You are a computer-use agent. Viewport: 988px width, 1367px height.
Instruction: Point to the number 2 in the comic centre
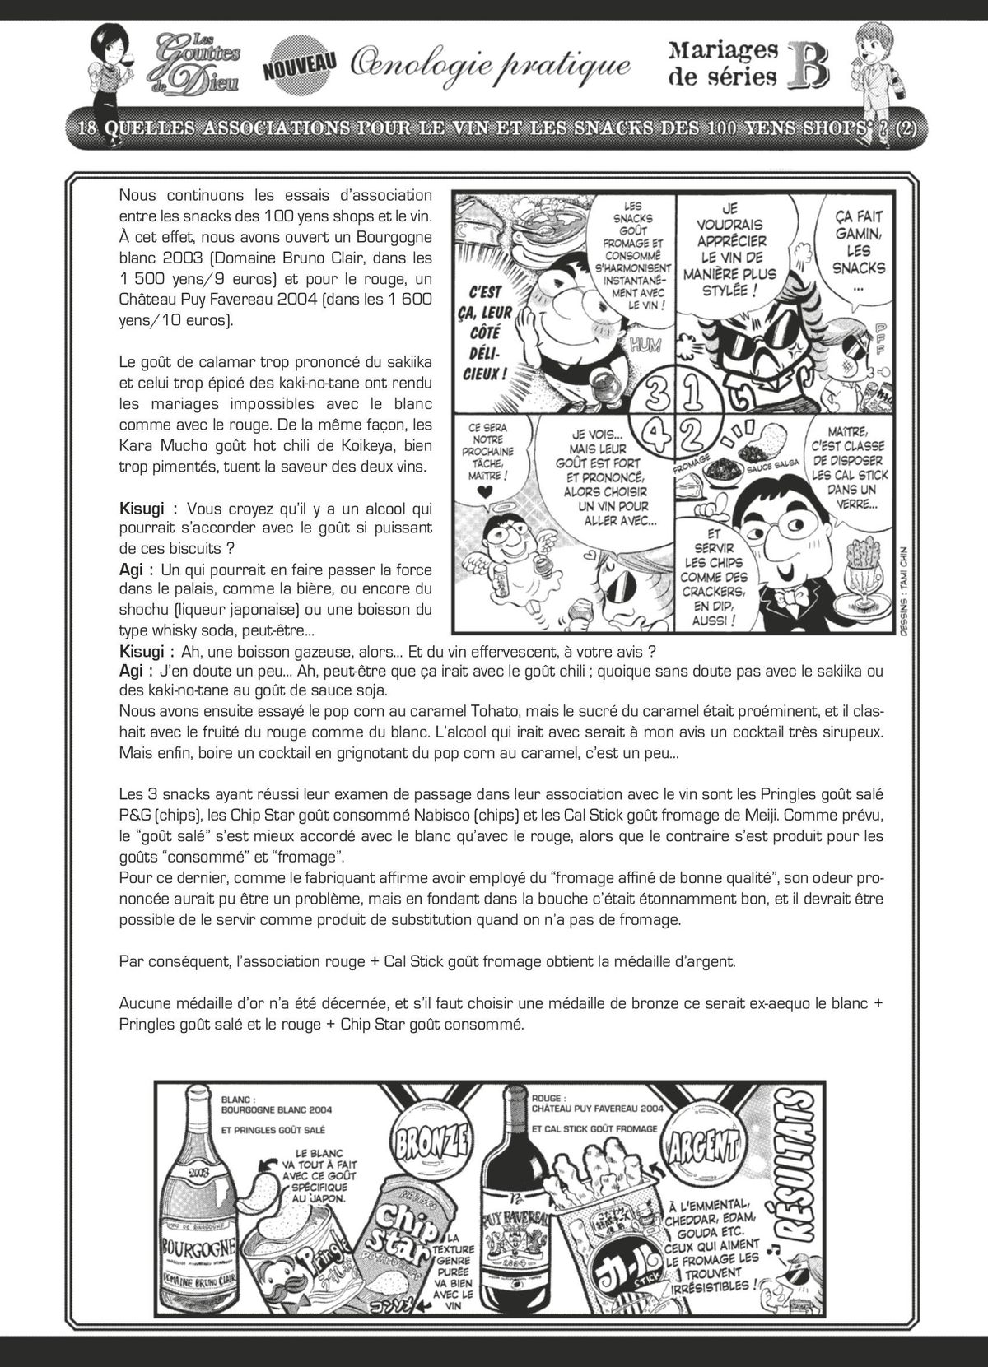coord(692,432)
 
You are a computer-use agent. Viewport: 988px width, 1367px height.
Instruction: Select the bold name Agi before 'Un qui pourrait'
coord(133,570)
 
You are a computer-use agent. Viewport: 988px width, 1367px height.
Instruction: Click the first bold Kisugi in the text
coord(147,509)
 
